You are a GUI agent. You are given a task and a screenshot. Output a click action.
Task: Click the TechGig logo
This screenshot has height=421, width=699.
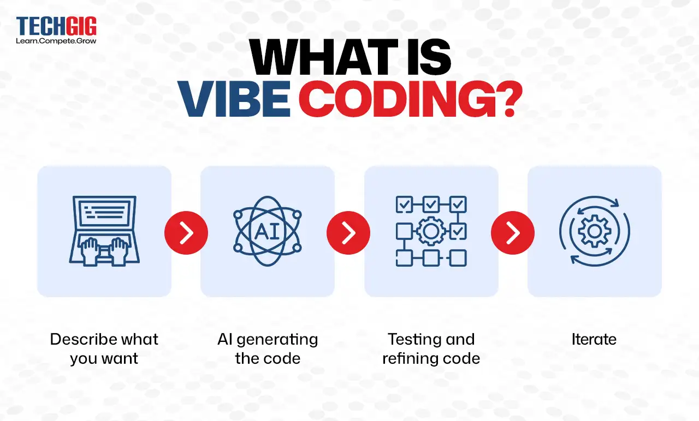click(56, 27)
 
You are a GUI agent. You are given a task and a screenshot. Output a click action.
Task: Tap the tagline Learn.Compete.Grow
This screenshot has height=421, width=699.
click(56, 41)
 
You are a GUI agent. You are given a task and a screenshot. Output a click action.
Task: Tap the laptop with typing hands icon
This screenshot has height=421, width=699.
click(104, 231)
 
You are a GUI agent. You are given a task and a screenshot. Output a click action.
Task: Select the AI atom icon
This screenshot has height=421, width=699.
click(268, 231)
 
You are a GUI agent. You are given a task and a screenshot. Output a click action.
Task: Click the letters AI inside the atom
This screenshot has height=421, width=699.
click(267, 231)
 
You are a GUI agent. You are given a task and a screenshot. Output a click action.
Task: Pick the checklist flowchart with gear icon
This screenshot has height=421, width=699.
click(431, 231)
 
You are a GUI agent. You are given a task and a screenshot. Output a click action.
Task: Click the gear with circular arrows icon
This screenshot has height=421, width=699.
click(594, 231)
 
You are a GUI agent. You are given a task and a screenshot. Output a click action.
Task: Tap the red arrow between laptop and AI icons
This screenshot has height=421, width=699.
click(186, 233)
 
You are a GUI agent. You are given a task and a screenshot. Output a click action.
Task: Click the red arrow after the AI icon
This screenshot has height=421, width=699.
click(348, 233)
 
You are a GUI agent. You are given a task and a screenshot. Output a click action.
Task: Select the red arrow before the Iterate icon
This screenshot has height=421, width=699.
click(513, 233)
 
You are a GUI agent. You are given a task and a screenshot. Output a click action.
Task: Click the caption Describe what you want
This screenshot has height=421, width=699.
click(104, 348)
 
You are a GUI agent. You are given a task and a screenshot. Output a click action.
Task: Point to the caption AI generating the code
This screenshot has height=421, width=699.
click(268, 348)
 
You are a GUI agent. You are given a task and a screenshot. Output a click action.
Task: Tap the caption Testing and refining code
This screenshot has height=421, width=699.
click(431, 348)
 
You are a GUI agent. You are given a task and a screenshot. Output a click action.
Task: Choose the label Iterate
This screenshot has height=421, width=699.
click(594, 339)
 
